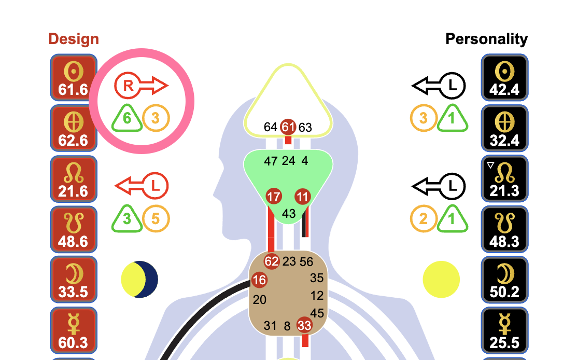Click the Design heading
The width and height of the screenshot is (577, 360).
73,39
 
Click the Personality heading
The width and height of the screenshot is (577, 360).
486,39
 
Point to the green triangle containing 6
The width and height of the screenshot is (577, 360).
127,118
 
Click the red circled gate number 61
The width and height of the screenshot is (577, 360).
288,127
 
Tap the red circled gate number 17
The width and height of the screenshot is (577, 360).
274,197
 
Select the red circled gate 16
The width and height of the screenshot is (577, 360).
259,281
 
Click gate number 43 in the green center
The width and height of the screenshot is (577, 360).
289,213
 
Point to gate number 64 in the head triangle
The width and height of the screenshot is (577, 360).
270,127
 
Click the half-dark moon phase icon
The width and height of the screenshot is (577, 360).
139,279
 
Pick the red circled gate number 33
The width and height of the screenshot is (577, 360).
304,326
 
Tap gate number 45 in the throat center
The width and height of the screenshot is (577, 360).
317,313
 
